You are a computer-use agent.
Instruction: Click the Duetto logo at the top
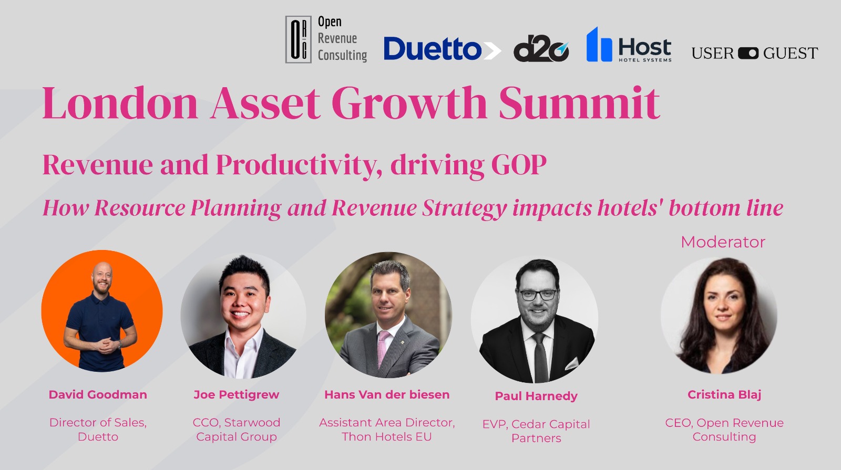442,49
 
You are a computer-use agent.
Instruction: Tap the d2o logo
541,49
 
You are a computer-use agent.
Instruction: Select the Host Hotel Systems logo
629,45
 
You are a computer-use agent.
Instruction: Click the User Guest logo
755,53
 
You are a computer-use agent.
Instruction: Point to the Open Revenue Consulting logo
326,39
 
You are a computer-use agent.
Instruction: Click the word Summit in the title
579,103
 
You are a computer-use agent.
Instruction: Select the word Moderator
723,242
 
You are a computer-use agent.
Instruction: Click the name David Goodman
98,394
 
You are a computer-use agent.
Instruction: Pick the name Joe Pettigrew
237,395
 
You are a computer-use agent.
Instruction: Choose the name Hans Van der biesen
387,394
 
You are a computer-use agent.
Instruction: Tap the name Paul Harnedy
536,396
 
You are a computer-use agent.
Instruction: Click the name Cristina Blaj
724,395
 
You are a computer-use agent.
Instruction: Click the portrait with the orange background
102,311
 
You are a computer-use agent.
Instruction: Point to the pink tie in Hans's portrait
383,347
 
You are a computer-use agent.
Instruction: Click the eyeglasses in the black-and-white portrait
538,295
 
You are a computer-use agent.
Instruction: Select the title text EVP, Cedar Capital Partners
536,431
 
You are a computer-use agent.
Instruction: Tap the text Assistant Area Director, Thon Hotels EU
387,430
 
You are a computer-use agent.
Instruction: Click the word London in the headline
120,103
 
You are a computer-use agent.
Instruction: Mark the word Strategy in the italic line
465,208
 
